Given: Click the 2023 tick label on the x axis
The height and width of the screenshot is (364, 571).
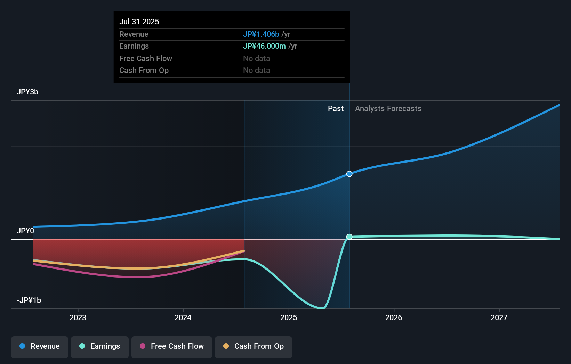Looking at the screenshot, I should [78, 317].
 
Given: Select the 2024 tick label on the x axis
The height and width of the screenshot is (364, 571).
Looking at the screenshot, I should [183, 317].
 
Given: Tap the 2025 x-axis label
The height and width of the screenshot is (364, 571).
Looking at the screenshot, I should [289, 317].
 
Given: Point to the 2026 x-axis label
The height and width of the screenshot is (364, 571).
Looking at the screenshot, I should [394, 317].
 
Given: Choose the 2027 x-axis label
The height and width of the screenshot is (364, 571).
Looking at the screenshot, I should [499, 317].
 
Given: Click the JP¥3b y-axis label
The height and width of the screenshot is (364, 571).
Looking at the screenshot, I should [27, 92].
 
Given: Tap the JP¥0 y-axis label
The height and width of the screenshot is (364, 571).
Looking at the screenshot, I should [25, 231].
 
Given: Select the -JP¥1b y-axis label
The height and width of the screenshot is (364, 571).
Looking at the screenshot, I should [29, 300].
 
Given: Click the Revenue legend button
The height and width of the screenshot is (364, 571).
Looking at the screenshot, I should [40, 346].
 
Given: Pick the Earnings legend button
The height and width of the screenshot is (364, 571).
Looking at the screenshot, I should [100, 346].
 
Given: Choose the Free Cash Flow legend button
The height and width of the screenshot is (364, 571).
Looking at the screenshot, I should [172, 346].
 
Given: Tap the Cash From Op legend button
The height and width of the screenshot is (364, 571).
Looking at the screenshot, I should [254, 346].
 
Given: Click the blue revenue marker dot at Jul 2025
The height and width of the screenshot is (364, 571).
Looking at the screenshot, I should [349, 174].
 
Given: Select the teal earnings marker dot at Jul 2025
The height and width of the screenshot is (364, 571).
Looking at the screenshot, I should [349, 237].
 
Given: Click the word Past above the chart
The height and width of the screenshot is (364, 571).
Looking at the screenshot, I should [336, 108].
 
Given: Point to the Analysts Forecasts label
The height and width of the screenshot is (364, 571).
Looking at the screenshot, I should [388, 108].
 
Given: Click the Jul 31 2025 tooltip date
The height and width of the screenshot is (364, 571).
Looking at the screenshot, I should [139, 22].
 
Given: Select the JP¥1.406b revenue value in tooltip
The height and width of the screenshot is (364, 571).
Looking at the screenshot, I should [261, 34].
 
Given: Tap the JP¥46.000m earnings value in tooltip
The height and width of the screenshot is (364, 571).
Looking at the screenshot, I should [264, 46].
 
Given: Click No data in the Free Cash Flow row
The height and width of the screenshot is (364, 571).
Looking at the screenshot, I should [257, 58].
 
